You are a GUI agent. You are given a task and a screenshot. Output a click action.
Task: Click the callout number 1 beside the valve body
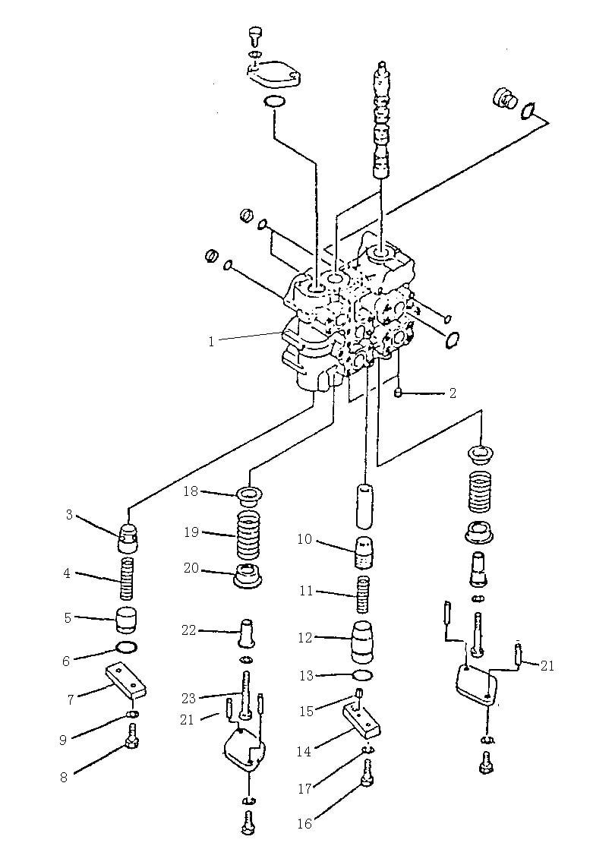point(212,341)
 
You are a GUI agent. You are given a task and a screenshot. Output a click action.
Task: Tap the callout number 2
point(453,393)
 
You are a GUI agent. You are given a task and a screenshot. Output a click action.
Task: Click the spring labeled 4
point(126,579)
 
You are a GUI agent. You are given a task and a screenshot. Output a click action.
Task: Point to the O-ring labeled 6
point(127,647)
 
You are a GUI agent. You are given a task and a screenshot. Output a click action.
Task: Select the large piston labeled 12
point(362,640)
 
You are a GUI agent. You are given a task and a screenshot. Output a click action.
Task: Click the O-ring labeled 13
point(361,675)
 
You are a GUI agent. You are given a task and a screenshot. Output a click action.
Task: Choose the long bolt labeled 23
point(246,695)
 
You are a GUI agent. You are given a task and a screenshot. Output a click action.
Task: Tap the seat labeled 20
point(248,575)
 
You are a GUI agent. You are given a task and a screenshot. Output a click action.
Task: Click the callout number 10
point(305,539)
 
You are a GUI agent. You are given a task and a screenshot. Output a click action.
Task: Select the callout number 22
point(188,630)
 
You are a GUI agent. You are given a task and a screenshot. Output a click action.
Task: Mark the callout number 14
point(304,751)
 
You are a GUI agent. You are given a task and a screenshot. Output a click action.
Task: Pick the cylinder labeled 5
point(128,620)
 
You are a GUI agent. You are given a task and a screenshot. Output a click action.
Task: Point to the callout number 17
point(305,788)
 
